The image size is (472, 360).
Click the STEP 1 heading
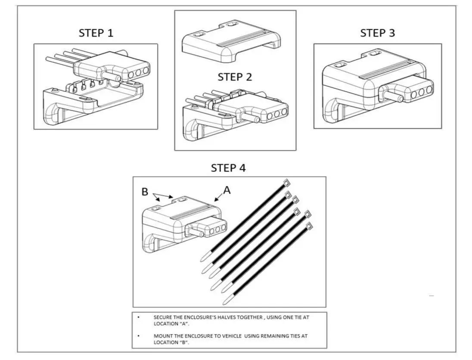96,33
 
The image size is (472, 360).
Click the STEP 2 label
235,77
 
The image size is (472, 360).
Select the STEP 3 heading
377,33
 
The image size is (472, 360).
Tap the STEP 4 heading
228,168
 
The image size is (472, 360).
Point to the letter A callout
227,190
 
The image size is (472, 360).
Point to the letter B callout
146,192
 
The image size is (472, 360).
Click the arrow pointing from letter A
219,196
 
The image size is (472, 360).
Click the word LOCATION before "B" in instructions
165,342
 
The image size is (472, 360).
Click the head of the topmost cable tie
286,183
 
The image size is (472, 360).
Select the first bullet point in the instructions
138,317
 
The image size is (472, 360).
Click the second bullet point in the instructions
138,335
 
